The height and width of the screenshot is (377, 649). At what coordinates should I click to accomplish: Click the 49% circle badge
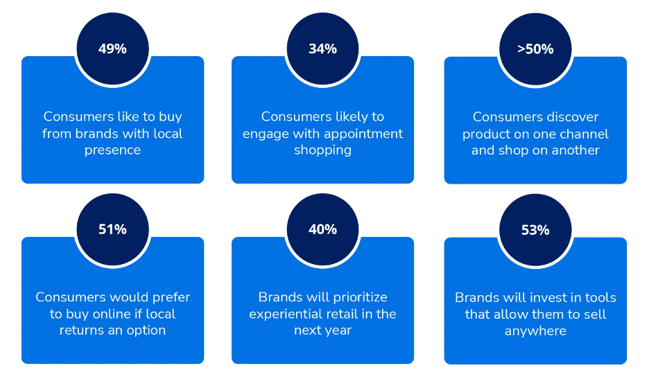112,49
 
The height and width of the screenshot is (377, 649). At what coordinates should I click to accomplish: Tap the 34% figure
323,49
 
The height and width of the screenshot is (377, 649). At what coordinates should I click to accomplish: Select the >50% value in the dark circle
535,49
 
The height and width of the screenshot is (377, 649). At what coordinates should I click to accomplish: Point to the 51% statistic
112,229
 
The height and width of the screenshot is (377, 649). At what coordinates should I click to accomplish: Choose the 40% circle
323,229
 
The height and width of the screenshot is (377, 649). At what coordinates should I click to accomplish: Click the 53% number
535,229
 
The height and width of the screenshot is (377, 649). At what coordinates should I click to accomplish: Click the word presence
112,150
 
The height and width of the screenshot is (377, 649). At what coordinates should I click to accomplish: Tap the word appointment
358,134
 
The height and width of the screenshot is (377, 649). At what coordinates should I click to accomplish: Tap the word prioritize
360,297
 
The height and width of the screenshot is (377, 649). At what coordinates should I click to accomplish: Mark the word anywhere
535,331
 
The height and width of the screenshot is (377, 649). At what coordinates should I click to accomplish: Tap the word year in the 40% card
339,331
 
